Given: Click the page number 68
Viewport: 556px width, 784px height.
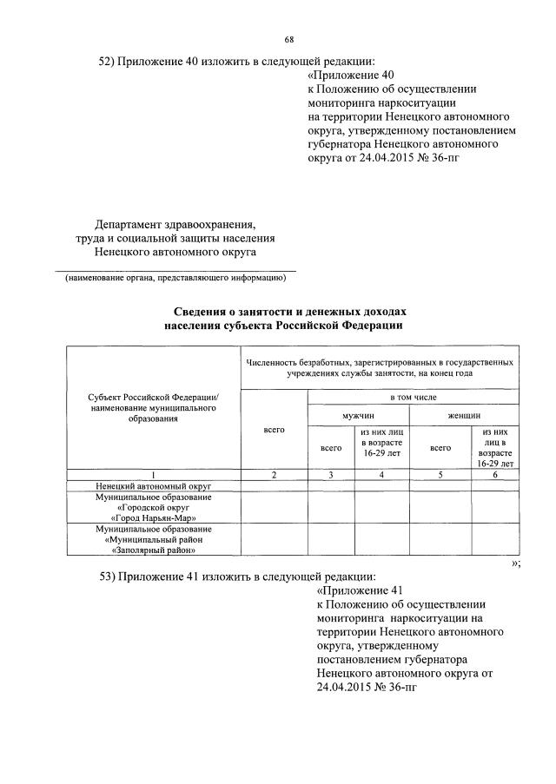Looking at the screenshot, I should coord(289,39).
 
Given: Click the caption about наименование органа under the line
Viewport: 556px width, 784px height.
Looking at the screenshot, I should coord(174,278).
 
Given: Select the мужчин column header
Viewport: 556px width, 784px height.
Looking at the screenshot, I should coord(357,416).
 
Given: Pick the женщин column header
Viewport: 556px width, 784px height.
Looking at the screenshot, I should coord(464,416).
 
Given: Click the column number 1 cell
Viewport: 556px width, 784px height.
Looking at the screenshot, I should coord(153,474).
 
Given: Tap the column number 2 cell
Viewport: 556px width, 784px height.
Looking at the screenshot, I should coord(274,474).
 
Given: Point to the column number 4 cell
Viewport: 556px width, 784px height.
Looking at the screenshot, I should coord(381,474).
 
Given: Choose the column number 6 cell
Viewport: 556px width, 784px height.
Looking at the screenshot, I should coord(495,474).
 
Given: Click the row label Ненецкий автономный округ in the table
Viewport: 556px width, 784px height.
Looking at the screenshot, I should coord(153,485).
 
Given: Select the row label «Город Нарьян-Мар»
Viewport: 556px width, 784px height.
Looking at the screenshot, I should coord(153,517).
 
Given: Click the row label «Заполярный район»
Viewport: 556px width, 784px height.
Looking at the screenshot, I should coord(153,549).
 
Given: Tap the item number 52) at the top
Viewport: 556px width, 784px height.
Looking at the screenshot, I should coord(109,61).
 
